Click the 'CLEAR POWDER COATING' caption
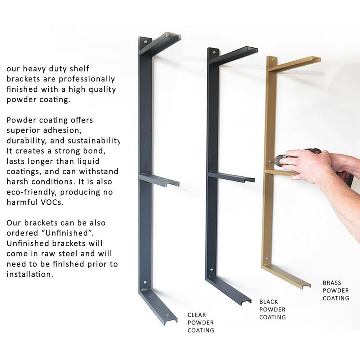pyautogui.click(x=201, y=323)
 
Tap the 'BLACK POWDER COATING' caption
pyautogui.click(x=273, y=309)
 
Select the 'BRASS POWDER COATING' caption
pyautogui.click(x=336, y=290)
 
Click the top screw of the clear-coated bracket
pyautogui.click(x=145, y=42)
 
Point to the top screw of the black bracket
pyautogui.click(x=214, y=52)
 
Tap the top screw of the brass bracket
pyautogui.click(x=273, y=60)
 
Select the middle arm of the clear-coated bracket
pyautogui.click(x=159, y=180)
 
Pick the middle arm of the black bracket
pyautogui.click(x=231, y=177)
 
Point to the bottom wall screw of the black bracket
pyautogui.click(x=211, y=270)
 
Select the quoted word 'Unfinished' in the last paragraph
pyautogui.click(x=67, y=233)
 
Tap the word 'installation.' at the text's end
pyautogui.click(x=30, y=274)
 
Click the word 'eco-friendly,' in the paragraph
pyautogui.click(x=31, y=192)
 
